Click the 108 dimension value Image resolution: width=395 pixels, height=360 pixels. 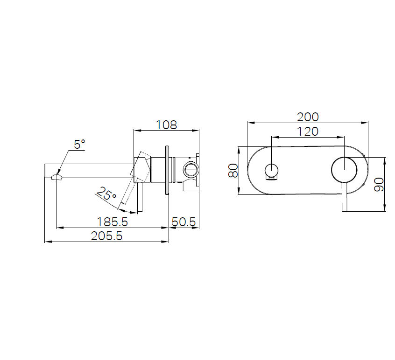coord(166,125)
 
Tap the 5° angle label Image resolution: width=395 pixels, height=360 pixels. coord(79,145)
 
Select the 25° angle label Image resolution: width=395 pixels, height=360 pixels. coord(106,194)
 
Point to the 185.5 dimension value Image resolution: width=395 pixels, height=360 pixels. coord(113,222)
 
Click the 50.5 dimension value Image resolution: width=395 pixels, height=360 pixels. coord(183,222)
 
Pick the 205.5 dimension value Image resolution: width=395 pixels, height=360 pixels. coord(106,236)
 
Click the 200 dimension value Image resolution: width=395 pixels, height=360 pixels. coord(308,117)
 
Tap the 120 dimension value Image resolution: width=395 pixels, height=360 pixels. coord(308,132)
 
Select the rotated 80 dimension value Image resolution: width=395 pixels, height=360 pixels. coord(233,170)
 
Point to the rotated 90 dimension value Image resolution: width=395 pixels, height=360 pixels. coord(379,184)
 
